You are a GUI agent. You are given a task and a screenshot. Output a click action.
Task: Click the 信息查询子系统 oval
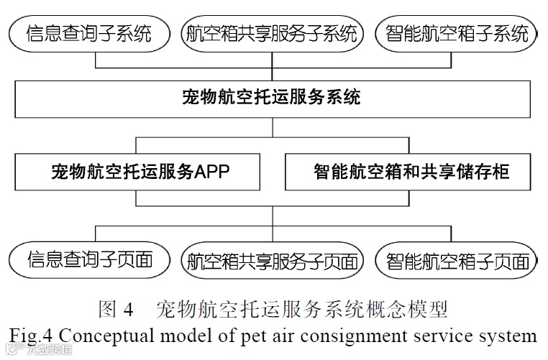[90, 33]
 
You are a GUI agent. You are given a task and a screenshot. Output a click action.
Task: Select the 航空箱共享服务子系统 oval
[272, 33]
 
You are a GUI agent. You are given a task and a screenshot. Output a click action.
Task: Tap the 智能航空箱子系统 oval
[457, 33]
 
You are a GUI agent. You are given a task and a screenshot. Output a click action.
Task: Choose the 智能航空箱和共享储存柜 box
[411, 172]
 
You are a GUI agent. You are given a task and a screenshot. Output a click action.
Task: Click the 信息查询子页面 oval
[90, 260]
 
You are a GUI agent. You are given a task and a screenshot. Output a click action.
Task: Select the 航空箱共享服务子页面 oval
[272, 260]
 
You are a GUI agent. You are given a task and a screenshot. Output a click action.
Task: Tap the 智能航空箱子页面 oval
[457, 260]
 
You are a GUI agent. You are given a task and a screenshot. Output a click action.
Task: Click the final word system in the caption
[509, 336]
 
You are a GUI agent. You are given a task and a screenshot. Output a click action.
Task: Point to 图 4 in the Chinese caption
[117, 310]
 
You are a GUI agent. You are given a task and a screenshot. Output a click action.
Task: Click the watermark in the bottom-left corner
[36, 351]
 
